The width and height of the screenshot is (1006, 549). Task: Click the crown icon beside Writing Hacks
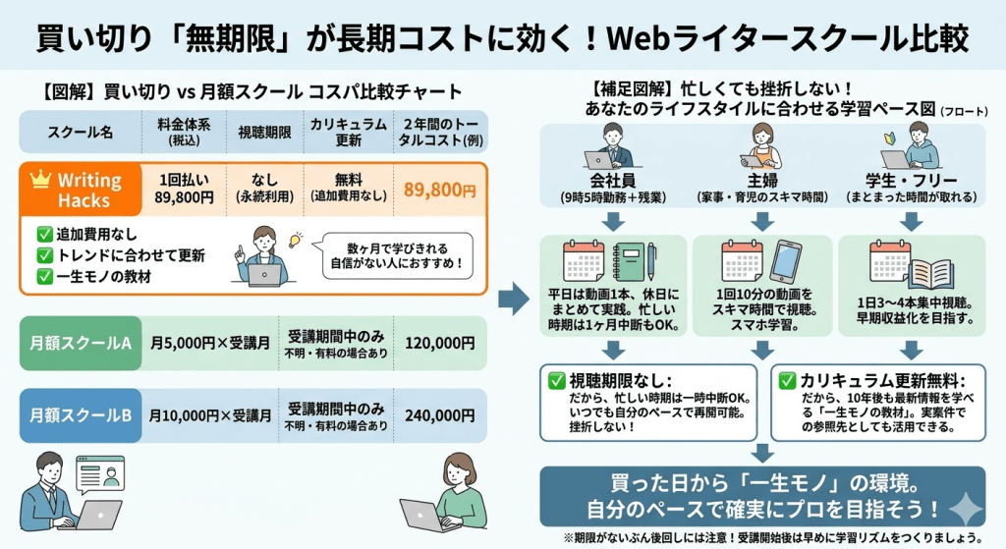40,180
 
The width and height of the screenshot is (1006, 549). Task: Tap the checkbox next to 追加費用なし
43,235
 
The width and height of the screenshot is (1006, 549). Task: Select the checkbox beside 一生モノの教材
43,276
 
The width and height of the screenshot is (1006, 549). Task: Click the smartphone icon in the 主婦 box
785,262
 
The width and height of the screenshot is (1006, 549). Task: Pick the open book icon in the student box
930,272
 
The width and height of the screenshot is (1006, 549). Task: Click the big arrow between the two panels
514,301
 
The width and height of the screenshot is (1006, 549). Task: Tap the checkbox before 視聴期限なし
557,380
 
